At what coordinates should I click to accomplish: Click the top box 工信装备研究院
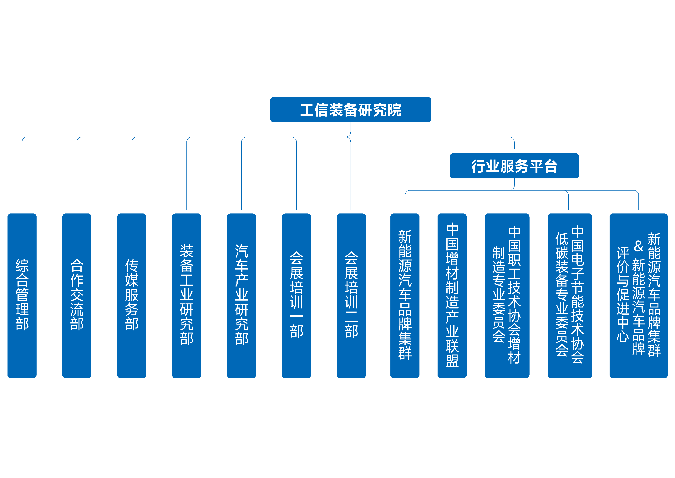tap(350, 109)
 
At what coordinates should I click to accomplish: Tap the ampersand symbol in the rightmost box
tap(638, 246)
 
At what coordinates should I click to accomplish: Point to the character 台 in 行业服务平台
tap(550, 166)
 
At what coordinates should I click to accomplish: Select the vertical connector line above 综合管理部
tap(22, 177)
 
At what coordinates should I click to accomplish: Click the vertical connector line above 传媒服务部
tap(132, 177)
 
